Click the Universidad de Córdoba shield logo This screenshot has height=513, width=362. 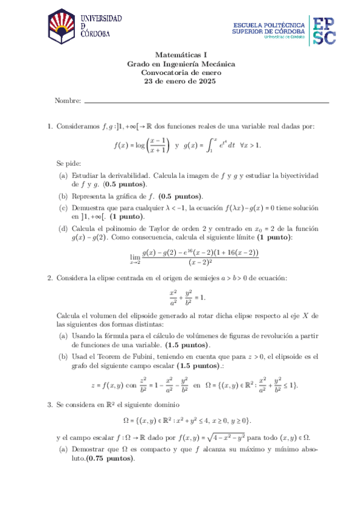tap(62, 28)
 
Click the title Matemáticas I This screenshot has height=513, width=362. tap(181, 54)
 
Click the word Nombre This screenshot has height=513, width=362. tap(67, 100)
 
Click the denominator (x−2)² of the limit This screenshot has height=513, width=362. tap(200, 262)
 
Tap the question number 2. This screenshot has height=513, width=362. tap(50, 278)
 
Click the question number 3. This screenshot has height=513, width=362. tap(50, 404)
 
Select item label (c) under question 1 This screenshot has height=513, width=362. tap(63, 207)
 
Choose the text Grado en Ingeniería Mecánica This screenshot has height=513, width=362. tap(181, 63)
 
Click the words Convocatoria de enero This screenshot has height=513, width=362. tap(181, 72)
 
